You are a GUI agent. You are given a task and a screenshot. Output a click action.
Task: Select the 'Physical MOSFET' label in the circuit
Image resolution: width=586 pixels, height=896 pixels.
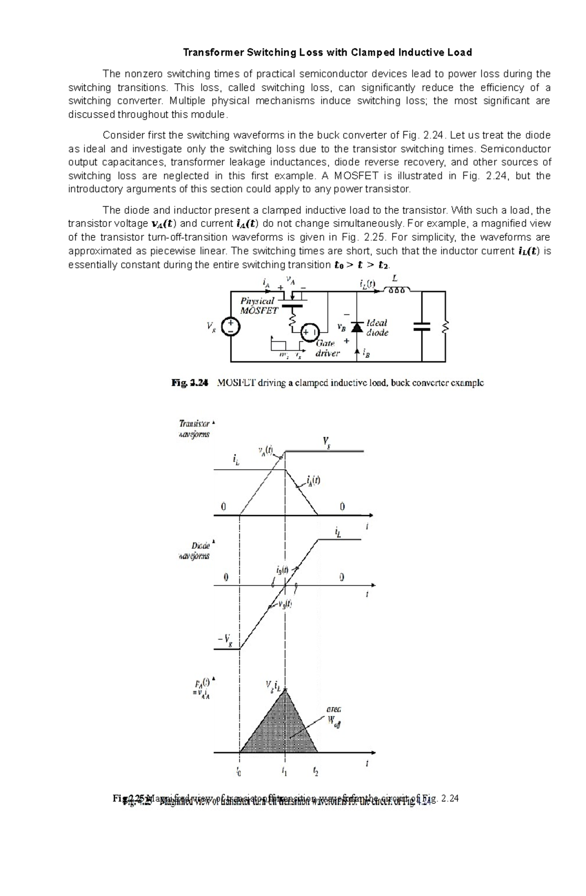[x=258, y=306]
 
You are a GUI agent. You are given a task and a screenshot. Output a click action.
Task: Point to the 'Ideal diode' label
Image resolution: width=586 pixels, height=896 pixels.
[x=377, y=328]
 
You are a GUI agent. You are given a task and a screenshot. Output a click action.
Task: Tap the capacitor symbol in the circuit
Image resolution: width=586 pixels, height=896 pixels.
[x=422, y=326]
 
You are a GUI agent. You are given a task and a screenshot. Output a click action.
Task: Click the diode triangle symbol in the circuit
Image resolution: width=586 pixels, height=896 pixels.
[x=357, y=328]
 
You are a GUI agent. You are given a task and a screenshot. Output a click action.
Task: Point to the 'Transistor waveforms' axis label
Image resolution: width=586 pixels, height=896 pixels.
[x=194, y=429]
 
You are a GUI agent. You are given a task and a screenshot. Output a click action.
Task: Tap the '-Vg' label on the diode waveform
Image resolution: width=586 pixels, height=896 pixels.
[x=225, y=640]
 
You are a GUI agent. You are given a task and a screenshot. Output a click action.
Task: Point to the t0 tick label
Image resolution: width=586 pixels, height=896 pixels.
[x=239, y=772]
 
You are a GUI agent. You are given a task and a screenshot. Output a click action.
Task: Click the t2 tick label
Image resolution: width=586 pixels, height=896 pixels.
[x=316, y=772]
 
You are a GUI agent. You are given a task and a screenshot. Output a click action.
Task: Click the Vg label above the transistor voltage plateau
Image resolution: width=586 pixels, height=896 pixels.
[x=326, y=442]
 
